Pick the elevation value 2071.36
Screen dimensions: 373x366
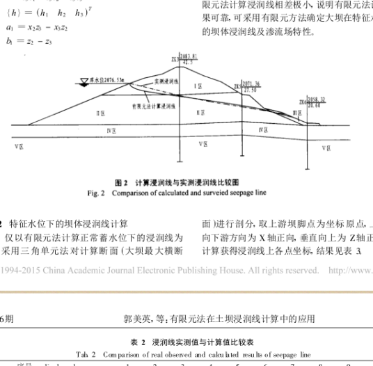click(x=250, y=83)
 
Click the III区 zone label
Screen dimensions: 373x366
click(x=296, y=111)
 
